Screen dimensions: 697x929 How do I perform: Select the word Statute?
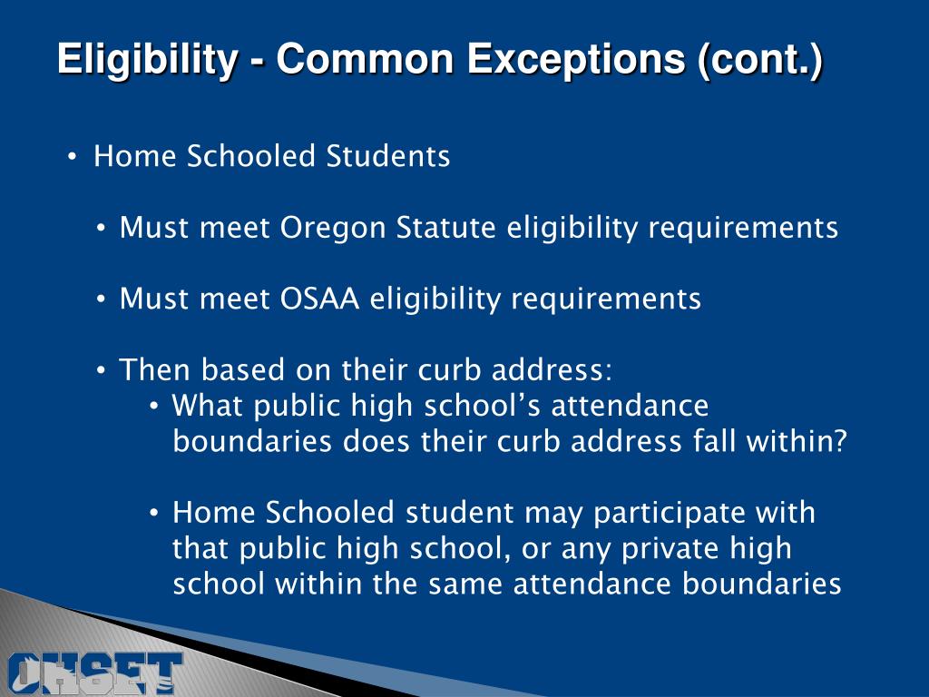[447, 227]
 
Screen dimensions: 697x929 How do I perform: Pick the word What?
[208, 405]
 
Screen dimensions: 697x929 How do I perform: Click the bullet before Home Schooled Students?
[73, 158]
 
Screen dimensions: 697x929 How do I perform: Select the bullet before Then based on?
[104, 371]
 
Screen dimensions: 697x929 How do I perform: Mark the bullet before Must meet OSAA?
[104, 299]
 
